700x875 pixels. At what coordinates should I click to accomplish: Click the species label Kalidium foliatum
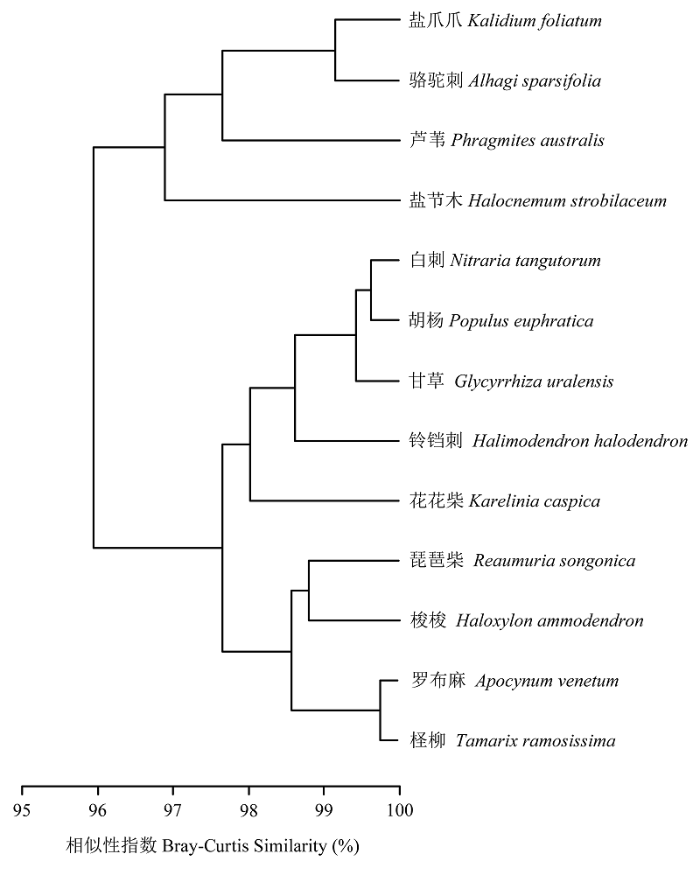coord(535,21)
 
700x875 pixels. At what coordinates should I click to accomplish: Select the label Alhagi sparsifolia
coord(535,80)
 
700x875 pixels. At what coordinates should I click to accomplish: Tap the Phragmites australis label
coord(528,141)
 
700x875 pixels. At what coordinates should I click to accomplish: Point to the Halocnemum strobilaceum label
coord(567,200)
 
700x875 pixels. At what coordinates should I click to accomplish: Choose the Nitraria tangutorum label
coord(525,261)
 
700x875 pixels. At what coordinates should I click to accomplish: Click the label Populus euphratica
coord(521,321)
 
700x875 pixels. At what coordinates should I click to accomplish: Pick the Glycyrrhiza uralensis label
coord(534,381)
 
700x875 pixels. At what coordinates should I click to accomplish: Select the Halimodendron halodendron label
coord(580,441)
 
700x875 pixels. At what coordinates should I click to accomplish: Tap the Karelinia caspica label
coord(535,501)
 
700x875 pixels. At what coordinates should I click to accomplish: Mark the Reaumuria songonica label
coord(554,561)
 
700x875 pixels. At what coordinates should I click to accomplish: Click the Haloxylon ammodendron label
coord(549,620)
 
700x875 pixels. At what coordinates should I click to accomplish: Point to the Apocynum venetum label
coord(547,681)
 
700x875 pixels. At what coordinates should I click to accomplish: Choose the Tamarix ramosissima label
coord(535,740)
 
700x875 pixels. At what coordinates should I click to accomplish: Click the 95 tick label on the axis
coord(22,810)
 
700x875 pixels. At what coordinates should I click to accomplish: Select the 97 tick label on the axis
coord(173,810)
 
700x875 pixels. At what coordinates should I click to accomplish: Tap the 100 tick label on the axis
coord(400,810)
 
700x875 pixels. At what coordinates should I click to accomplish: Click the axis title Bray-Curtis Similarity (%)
coord(261,846)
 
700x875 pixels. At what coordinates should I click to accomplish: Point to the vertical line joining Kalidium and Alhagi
coord(335,50)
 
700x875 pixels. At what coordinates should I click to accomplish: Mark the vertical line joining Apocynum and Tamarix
coord(380,710)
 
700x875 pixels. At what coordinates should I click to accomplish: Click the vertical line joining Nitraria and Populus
coord(371,290)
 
